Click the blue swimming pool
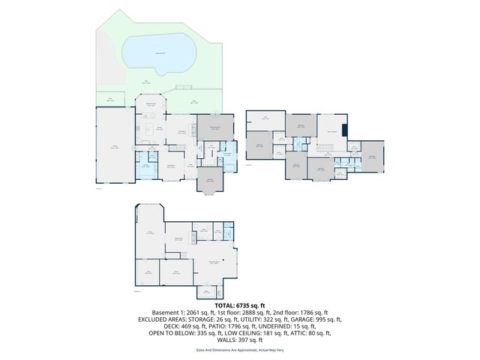158,53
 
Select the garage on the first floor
114,146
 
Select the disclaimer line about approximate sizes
240,349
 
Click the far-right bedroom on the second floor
373,157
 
